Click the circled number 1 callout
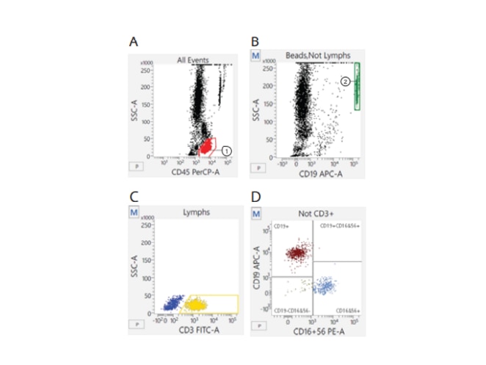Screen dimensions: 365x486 227,151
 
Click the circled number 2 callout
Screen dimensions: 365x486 346,82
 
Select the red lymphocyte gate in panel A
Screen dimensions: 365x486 208,146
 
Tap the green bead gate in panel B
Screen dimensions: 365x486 358,86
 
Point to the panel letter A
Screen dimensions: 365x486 134,42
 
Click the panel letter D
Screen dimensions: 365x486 255,198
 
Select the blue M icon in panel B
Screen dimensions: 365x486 255,56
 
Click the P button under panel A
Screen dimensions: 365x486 134,166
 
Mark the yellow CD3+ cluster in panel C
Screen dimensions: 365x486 196,303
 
